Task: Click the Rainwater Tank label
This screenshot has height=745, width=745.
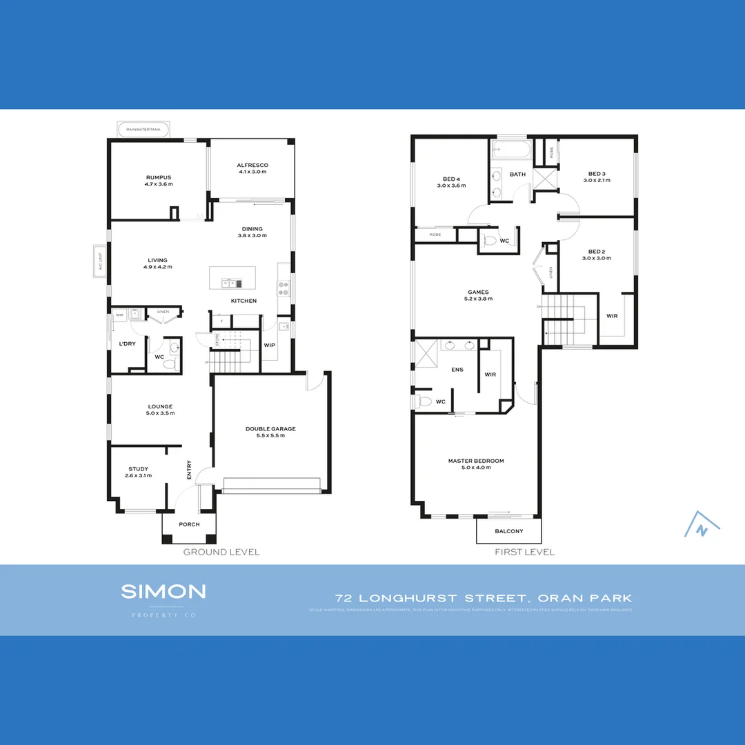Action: (143, 129)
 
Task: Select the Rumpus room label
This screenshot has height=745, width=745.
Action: (159, 177)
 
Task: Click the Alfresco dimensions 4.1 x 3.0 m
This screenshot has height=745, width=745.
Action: (252, 172)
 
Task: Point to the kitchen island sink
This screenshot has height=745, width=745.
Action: (228, 283)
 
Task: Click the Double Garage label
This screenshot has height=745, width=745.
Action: (270, 429)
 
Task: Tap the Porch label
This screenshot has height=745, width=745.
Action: (189, 524)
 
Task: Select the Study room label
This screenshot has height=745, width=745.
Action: (138, 469)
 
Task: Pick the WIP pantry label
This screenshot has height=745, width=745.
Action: (269, 345)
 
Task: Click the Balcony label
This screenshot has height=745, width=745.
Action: (509, 531)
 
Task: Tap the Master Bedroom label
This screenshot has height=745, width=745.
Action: (476, 461)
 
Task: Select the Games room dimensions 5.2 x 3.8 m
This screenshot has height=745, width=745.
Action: (477, 300)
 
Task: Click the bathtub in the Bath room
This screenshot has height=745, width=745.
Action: (510, 150)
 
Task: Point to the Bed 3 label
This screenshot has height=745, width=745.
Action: (597, 174)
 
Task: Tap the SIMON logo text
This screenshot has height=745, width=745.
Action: (163, 591)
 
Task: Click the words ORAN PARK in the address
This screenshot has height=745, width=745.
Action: (596, 598)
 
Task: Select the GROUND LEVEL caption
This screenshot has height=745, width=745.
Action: (221, 552)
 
